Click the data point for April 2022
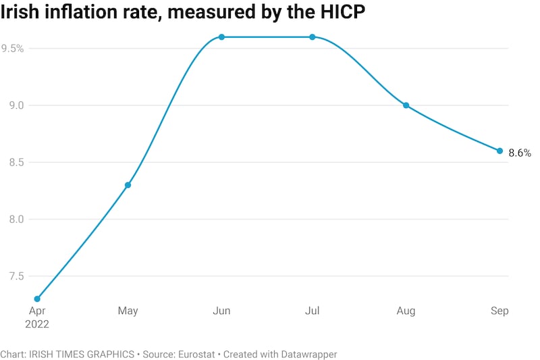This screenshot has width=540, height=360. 37,299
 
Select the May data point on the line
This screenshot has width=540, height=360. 128,185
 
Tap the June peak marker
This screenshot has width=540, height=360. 221,37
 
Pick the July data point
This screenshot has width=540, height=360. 313,37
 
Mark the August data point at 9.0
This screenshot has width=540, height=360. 406,105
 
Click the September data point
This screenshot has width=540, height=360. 500,151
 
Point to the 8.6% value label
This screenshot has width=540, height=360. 519,153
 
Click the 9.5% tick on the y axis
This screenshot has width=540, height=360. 13,49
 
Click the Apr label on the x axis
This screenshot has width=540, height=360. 37,311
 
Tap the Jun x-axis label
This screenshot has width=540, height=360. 221,311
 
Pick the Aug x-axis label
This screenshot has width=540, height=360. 406,311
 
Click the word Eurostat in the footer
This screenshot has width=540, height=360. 196,354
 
